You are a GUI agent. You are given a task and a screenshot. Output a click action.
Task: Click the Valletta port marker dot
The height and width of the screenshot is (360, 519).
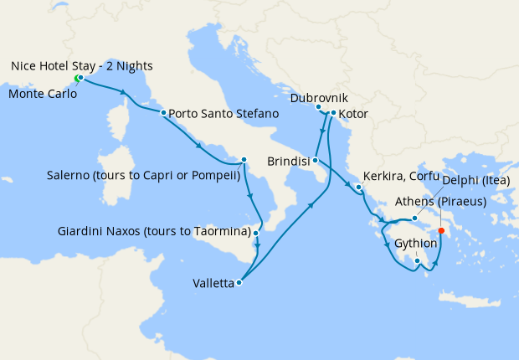click(x=239, y=283)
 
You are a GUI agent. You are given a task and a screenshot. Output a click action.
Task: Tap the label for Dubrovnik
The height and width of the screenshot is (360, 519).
click(x=318, y=98)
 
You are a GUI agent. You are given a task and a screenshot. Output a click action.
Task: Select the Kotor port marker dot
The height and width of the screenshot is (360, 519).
click(x=333, y=113)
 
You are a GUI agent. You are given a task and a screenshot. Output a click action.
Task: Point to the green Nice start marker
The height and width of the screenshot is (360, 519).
click(x=77, y=79)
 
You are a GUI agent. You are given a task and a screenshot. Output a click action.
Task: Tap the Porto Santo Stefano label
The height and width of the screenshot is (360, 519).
click(x=222, y=113)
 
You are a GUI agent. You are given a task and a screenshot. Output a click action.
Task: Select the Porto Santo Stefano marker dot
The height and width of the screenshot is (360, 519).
click(x=163, y=112)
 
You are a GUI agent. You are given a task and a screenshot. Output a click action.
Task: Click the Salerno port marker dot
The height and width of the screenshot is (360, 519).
click(x=244, y=160)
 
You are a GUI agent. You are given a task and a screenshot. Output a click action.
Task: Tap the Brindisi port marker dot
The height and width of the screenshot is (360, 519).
click(x=315, y=160)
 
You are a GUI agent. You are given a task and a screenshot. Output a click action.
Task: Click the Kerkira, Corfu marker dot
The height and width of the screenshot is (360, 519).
click(x=357, y=188)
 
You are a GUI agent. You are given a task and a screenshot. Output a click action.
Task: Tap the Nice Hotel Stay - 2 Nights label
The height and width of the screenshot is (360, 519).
click(x=82, y=65)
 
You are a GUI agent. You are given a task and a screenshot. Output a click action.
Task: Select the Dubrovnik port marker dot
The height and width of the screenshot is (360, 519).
click(x=318, y=107)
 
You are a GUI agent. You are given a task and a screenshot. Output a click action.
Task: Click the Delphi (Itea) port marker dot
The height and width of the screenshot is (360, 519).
click(x=414, y=219)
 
